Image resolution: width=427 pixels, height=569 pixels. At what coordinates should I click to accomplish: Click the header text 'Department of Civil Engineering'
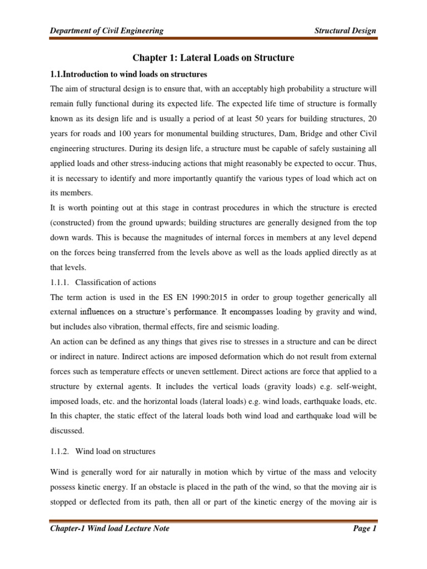[107, 31]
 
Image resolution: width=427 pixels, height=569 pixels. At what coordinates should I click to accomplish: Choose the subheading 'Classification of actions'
[116, 282]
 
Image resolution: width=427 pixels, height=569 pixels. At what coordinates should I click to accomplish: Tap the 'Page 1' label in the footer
[365, 528]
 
